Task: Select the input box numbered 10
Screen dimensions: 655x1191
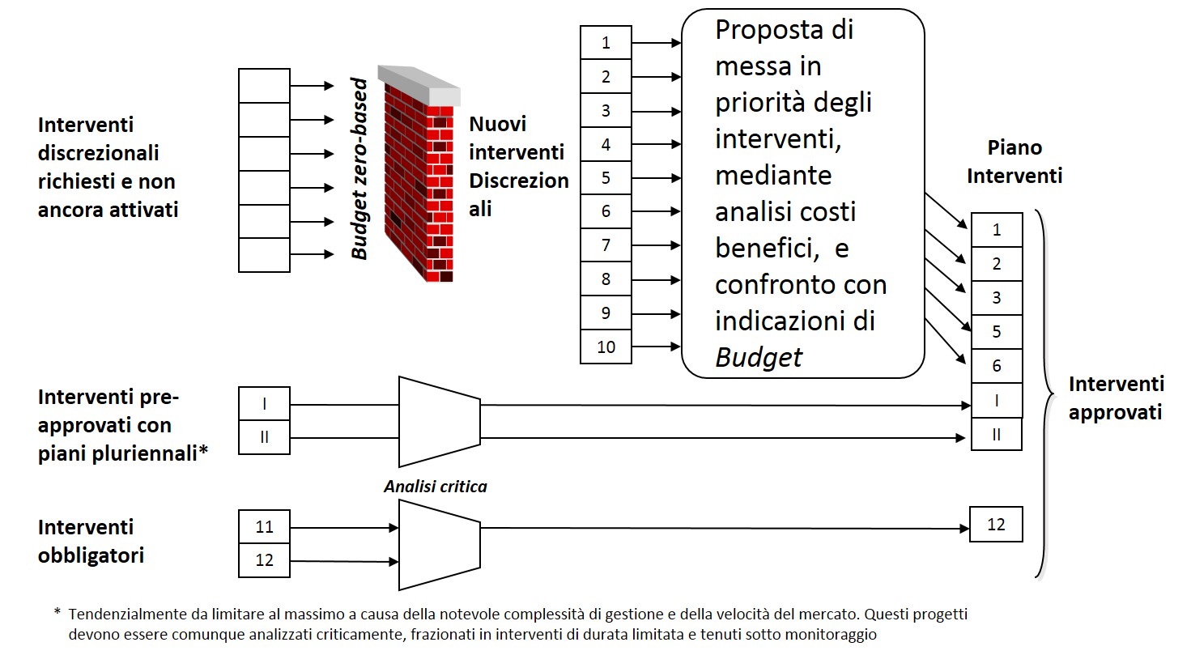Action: (606, 347)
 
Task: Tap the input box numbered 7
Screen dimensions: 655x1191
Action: (606, 245)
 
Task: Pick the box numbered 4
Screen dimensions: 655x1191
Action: (606, 144)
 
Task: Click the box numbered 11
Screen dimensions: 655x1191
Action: (264, 527)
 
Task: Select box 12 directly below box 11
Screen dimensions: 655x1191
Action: (264, 560)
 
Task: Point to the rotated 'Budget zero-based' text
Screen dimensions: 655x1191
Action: (360, 168)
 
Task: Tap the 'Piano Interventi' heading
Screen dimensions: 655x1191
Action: (1014, 161)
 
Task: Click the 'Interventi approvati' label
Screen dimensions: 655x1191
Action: (1115, 398)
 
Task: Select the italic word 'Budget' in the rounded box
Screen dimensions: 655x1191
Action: (759, 357)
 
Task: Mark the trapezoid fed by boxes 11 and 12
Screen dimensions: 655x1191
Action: (439, 544)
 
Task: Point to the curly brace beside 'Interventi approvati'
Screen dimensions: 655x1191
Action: (1044, 395)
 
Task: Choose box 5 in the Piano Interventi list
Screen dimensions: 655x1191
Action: (997, 332)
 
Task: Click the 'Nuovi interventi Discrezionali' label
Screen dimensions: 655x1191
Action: (517, 166)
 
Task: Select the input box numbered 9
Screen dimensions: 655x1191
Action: (606, 313)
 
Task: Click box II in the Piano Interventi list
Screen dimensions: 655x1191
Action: (997, 434)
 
